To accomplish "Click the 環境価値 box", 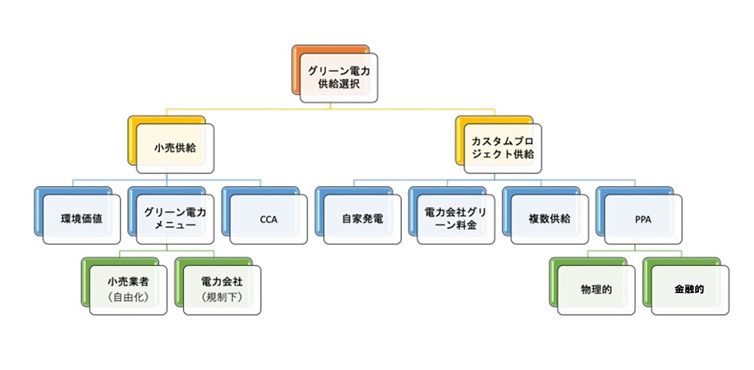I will [x=81, y=219].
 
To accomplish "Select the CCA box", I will [x=268, y=219].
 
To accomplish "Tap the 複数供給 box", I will [x=549, y=219].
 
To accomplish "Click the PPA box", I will [x=642, y=219].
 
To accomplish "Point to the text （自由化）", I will [x=127, y=297].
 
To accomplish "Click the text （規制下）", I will [x=222, y=297].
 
